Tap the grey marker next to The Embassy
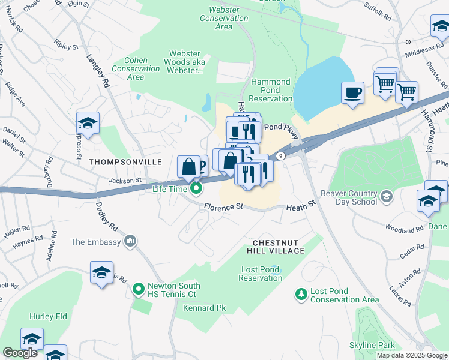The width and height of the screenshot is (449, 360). coord(130,242)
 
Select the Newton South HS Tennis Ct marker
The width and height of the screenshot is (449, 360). coord(139,290)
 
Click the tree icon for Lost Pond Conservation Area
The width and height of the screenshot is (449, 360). coord(300,295)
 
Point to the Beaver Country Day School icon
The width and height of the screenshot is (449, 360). coord(387,196)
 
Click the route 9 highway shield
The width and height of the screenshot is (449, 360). coord(280,156)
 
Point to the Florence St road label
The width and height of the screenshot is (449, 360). coord(223,206)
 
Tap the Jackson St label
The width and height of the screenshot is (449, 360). coord(124,180)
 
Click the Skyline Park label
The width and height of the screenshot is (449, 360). coord(372,345)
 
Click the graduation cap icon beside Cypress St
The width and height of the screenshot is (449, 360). coord(88,124)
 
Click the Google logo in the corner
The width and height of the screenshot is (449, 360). coord(20,353)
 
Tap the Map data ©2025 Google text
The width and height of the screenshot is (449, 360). coord(412,355)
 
